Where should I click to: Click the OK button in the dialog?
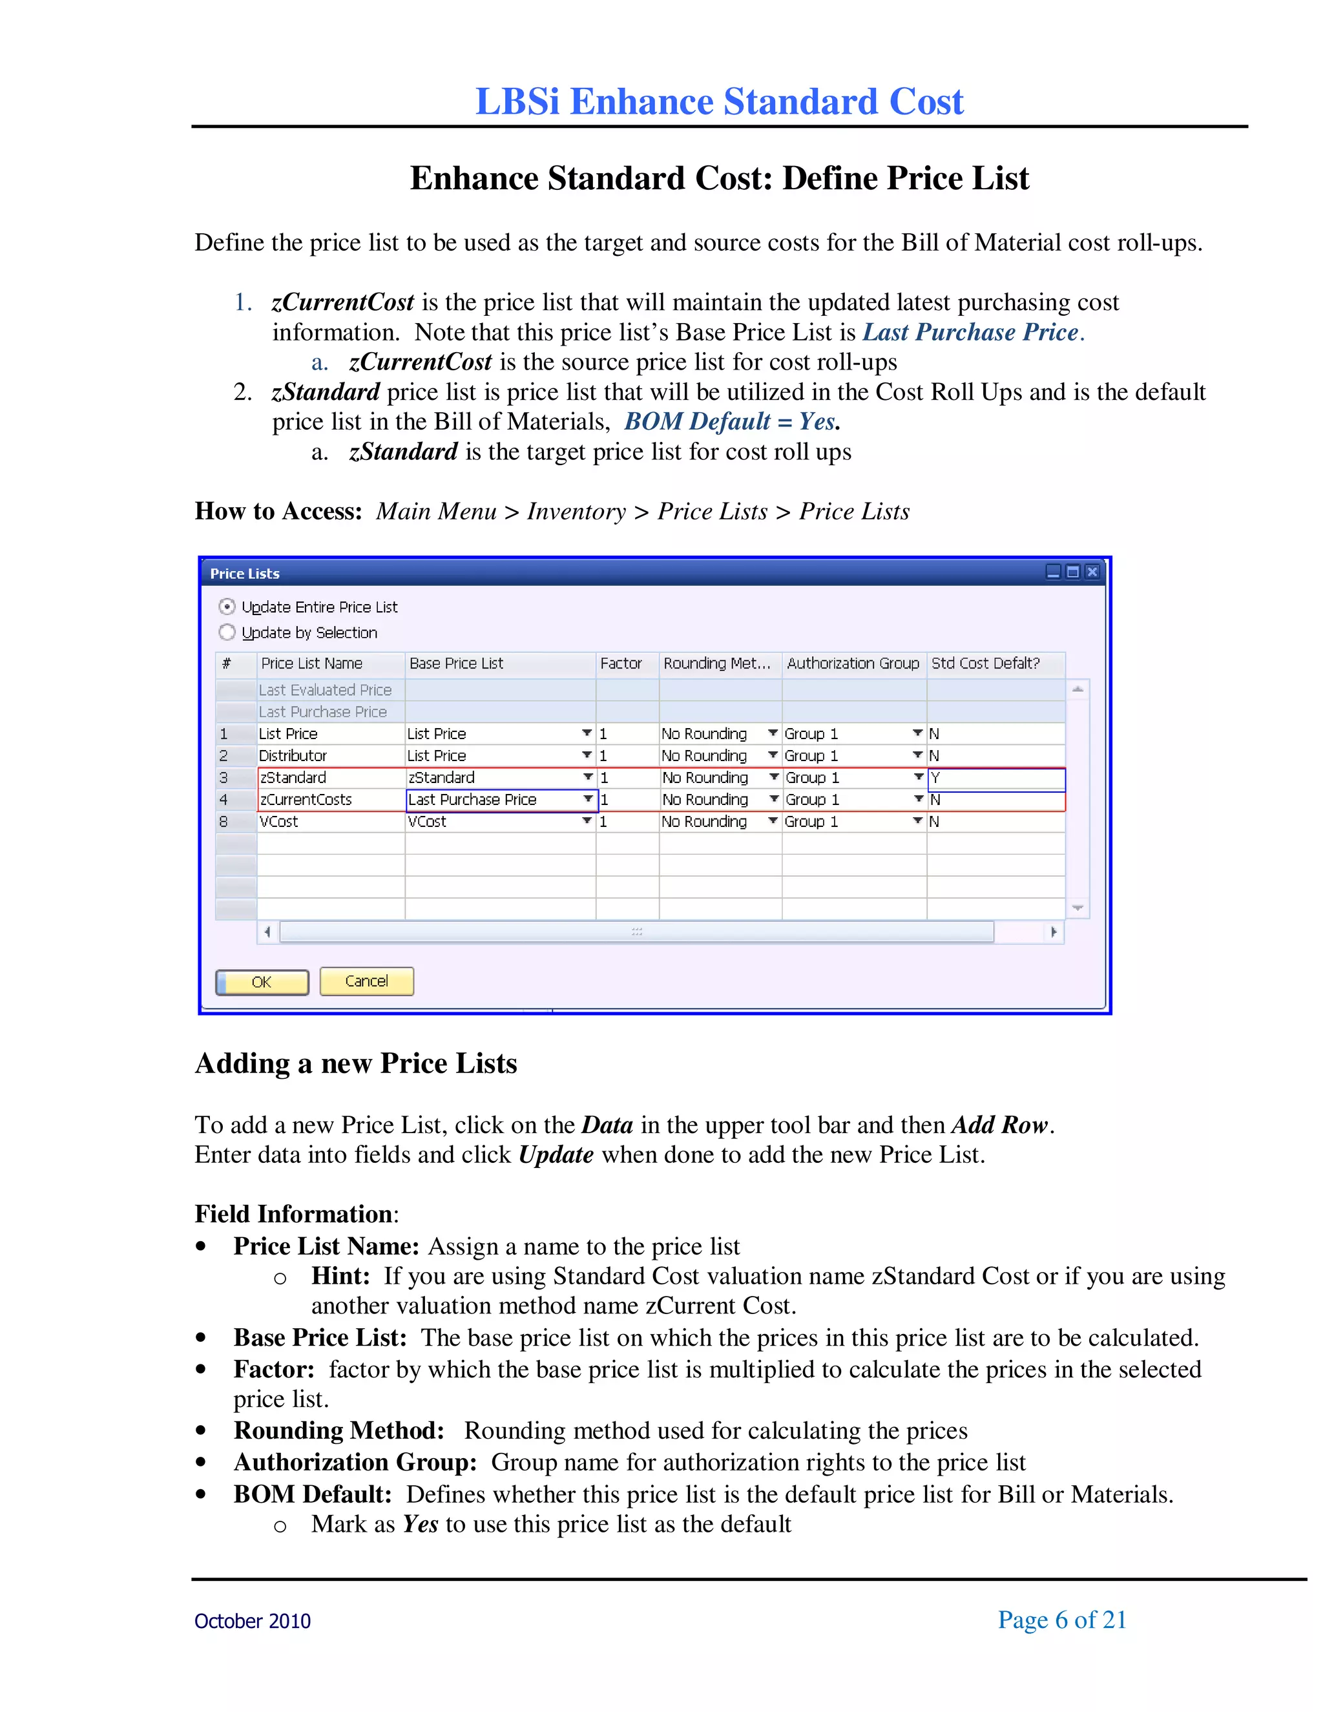[x=262, y=982]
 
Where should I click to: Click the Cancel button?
[x=366, y=981]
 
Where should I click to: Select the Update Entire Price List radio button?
[x=227, y=607]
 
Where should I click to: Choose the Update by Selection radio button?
[x=227, y=632]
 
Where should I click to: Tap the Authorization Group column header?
[x=853, y=664]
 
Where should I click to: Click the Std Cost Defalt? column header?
[x=986, y=664]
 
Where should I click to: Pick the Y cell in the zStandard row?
[x=995, y=778]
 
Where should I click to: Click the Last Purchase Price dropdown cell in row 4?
[x=500, y=800]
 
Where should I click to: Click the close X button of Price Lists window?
[x=1092, y=572]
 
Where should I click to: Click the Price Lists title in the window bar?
[x=245, y=574]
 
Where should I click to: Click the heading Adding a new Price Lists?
[x=356, y=1064]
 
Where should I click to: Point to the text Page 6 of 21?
[x=1062, y=1620]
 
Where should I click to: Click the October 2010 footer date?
[x=253, y=1622]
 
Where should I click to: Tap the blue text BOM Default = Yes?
[x=731, y=422]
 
